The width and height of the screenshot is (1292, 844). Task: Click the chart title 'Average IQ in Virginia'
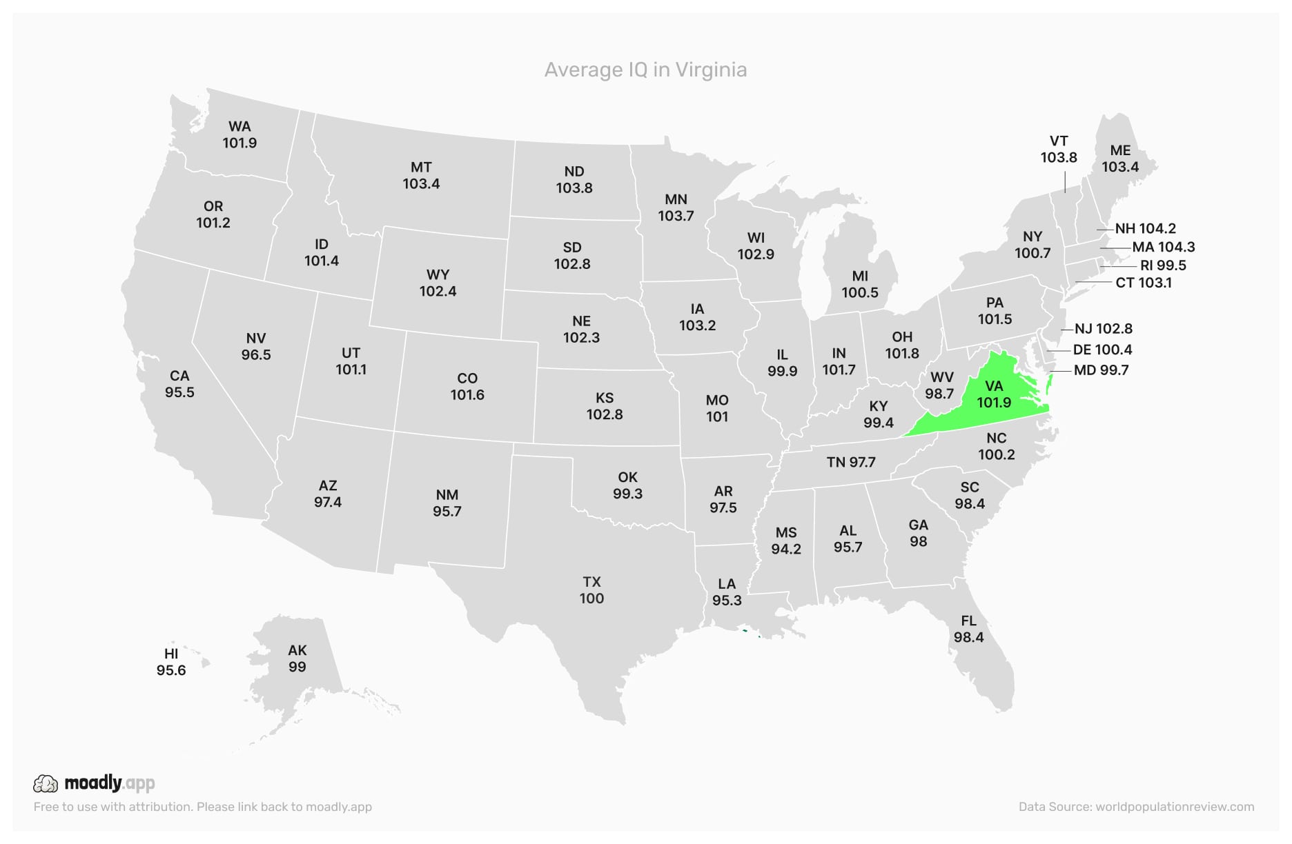point(645,70)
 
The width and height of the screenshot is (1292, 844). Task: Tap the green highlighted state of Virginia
point(994,394)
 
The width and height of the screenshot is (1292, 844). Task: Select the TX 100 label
point(591,590)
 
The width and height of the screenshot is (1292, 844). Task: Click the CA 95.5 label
point(179,384)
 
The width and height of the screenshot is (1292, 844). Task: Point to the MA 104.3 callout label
point(1163,247)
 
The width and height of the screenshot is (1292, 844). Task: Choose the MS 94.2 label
point(786,541)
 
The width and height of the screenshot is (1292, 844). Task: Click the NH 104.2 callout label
point(1145,228)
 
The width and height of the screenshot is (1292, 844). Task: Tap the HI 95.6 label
point(171,662)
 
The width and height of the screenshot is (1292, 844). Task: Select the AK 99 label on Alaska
point(297,659)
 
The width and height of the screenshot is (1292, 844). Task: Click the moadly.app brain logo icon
point(46,783)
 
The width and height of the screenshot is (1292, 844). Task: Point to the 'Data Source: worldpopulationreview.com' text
point(1136,807)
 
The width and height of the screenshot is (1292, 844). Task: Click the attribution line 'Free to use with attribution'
point(202,807)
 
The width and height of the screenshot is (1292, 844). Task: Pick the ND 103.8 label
point(574,179)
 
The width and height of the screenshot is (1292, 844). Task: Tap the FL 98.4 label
point(968,629)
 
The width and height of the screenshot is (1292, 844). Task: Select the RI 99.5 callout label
point(1163,265)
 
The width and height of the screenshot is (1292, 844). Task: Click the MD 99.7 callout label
point(1101,370)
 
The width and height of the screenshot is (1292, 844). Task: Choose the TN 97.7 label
point(851,462)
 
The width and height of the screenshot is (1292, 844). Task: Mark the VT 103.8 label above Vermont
point(1059,149)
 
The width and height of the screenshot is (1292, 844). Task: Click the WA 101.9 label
point(239,134)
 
